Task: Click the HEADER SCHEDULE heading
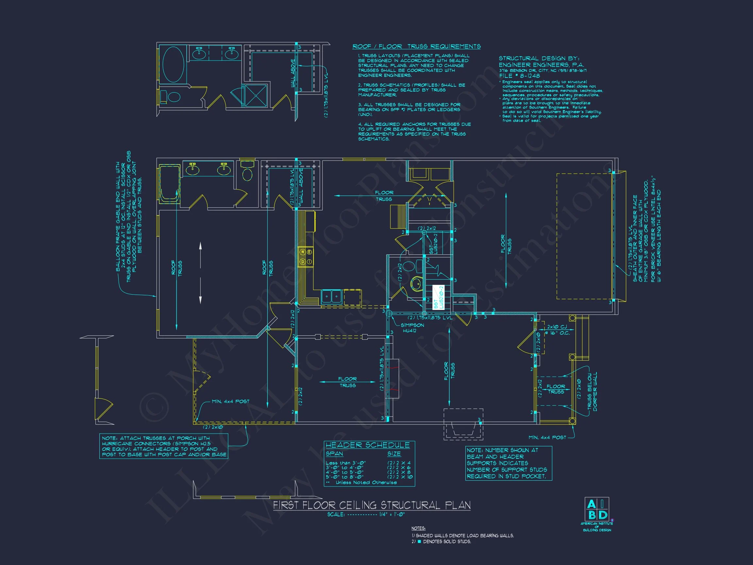pyautogui.click(x=367, y=445)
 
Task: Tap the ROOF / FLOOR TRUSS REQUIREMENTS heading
pyautogui.click(x=416, y=46)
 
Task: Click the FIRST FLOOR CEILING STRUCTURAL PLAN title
pyautogui.click(x=372, y=505)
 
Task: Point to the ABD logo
pyautogui.click(x=597, y=509)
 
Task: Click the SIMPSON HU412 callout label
pyautogui.click(x=412, y=328)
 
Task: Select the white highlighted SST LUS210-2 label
pyautogui.click(x=439, y=297)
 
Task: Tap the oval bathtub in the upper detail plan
pyautogui.click(x=173, y=65)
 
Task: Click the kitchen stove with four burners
pyautogui.click(x=305, y=257)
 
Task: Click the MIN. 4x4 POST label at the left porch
pyautogui.click(x=230, y=402)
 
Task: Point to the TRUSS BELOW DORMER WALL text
pyautogui.click(x=592, y=392)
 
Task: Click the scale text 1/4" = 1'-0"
pyautogui.click(x=392, y=514)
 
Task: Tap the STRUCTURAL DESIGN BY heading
pyautogui.click(x=539, y=58)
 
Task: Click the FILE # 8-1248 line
pyautogui.click(x=519, y=76)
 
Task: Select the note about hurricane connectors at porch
pyautogui.click(x=164, y=446)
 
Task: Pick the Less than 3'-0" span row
pyautogui.click(x=345, y=463)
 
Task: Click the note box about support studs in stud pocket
pyautogui.click(x=508, y=463)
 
